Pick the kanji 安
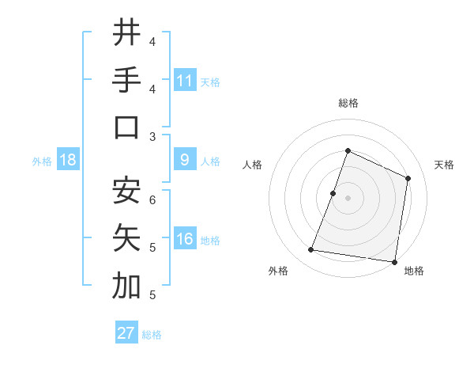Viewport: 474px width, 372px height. point(126,191)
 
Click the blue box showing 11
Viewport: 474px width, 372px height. point(185,80)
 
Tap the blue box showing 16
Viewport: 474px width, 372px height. point(185,240)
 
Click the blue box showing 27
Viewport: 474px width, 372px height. point(126,333)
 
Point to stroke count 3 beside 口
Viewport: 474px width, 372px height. point(152,136)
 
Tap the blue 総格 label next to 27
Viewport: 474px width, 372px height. point(152,335)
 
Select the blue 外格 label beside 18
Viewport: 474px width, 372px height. point(42,161)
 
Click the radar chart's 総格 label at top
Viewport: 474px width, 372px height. point(348,103)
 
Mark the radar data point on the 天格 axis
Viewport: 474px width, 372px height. point(408,178)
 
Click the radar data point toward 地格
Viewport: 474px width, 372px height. point(393,261)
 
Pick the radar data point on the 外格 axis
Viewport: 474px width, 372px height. point(311,250)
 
